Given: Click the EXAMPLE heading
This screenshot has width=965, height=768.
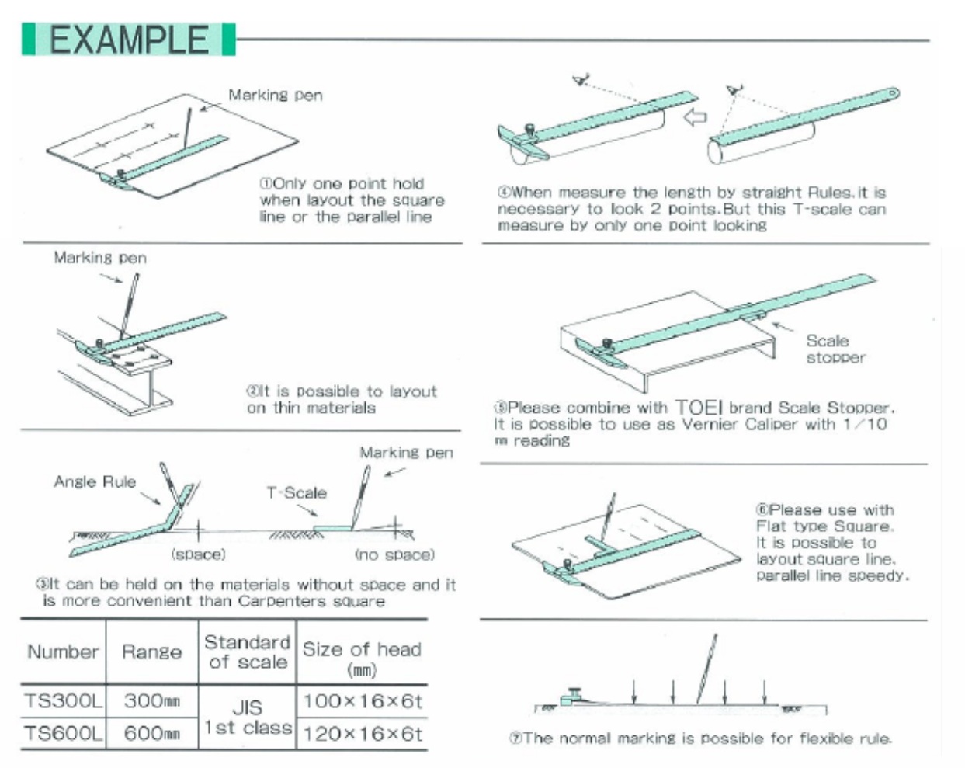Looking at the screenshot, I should tap(129, 40).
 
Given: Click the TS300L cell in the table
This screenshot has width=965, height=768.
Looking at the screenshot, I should tap(63, 701).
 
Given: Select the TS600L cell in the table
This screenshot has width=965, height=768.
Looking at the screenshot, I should tap(63, 733).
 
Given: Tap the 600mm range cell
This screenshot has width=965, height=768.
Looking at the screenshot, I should tap(151, 733).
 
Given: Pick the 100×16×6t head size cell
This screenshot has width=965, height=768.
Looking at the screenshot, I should tap(362, 701).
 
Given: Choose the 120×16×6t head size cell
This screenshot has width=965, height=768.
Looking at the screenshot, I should tap(362, 733).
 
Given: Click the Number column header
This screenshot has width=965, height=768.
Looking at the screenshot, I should tap(63, 652).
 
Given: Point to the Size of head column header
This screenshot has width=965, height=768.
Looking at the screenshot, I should tap(362, 657).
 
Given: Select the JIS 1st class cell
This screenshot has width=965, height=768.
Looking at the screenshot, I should tap(248, 717).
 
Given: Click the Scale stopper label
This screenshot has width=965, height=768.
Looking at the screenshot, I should tap(835, 349).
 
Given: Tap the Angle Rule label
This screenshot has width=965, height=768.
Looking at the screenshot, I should tap(95, 481).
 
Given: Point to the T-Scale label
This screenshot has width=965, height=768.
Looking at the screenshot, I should tap(296, 492).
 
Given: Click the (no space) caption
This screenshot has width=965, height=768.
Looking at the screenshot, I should tap(394, 554).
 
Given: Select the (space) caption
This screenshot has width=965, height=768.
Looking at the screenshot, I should tap(198, 554).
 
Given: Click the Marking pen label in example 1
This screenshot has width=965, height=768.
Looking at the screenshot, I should tap(275, 95).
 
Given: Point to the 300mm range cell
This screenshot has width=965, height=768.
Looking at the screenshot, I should tap(151, 701).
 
